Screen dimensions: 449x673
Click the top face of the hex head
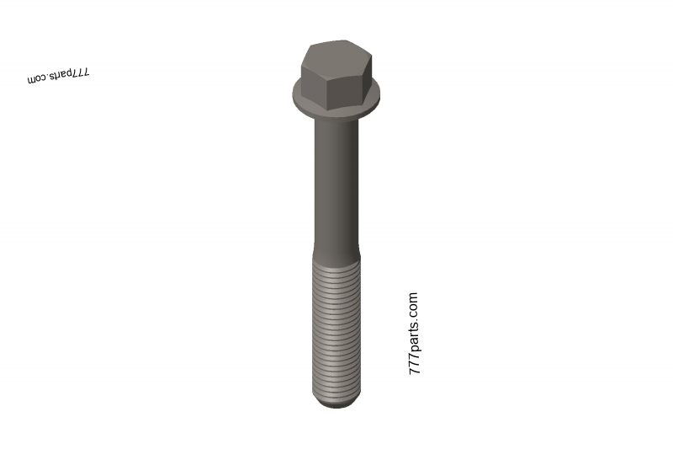tap(335, 53)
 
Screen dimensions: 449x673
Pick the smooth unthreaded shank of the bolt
tap(336, 181)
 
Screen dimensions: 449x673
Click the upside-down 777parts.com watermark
tap(58, 76)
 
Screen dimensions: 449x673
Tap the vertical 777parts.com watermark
tap(413, 334)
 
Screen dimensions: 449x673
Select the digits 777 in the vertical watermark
tap(413, 365)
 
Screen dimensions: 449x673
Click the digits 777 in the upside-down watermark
tap(79, 73)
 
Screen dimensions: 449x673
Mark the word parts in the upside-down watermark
tap(60, 76)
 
